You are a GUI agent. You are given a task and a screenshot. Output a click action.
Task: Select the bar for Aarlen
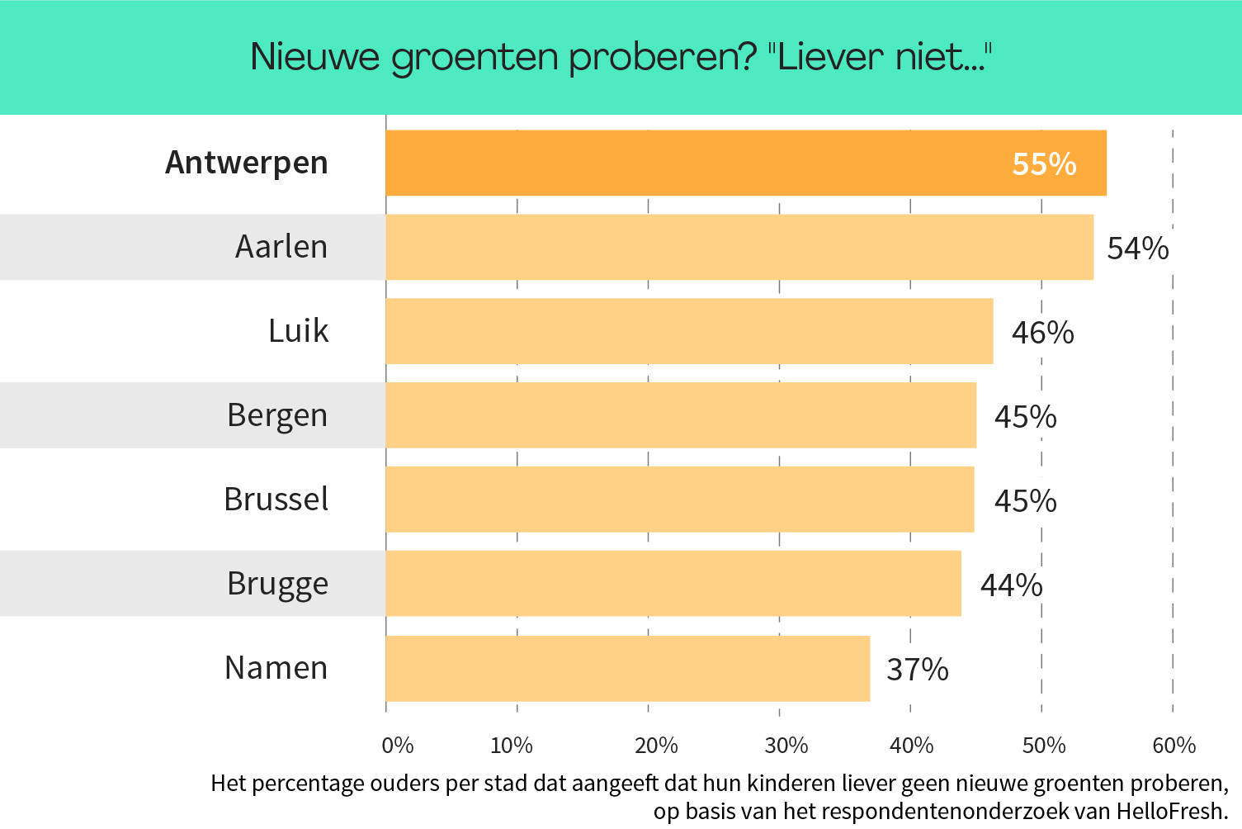point(739,247)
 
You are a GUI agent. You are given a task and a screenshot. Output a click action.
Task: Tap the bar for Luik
point(689,331)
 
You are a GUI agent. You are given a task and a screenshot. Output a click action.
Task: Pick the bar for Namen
point(627,668)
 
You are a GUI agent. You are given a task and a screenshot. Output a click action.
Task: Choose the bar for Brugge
point(673,584)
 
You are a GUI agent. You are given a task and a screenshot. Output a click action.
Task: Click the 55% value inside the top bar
point(1044,164)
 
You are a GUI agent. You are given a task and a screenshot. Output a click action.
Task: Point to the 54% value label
point(1137,249)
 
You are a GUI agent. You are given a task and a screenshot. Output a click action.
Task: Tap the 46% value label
point(1042,333)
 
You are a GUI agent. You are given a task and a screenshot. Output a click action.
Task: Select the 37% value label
point(917,670)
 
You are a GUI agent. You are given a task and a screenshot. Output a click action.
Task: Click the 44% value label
point(1011,585)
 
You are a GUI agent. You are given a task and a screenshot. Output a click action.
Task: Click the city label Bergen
point(277,415)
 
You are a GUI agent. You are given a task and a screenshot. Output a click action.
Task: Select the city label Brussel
point(276,500)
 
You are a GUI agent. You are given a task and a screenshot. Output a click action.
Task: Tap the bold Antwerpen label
point(247,163)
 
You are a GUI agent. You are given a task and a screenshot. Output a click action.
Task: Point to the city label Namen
point(276,668)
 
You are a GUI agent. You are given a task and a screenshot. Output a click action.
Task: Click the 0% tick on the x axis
point(397,746)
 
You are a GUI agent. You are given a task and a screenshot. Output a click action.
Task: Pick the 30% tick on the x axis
point(786,746)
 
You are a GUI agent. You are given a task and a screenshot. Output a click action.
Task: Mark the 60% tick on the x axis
point(1174,746)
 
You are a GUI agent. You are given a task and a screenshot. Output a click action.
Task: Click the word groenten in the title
point(475,58)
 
